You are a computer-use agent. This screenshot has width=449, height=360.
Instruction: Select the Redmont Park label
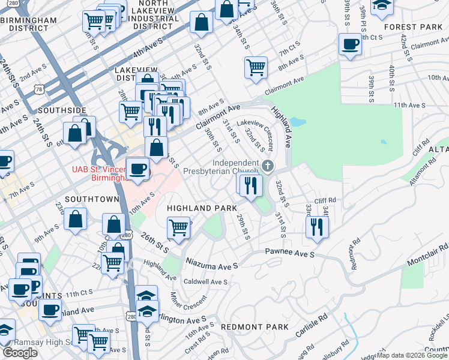click(x=255, y=327)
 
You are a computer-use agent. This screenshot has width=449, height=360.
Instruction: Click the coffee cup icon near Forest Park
click(x=350, y=44)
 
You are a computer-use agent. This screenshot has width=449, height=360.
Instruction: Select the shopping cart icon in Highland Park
click(x=179, y=227)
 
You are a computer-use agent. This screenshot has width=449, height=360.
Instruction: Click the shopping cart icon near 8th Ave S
click(x=256, y=67)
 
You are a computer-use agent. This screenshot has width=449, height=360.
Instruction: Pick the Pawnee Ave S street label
click(x=290, y=254)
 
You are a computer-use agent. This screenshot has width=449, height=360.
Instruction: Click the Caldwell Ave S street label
click(x=205, y=281)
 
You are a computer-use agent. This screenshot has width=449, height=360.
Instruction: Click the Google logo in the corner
click(x=20, y=353)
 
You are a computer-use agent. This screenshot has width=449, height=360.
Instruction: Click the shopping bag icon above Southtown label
click(x=77, y=219)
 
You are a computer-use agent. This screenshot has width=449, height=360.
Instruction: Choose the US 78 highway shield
click(x=39, y=89)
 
